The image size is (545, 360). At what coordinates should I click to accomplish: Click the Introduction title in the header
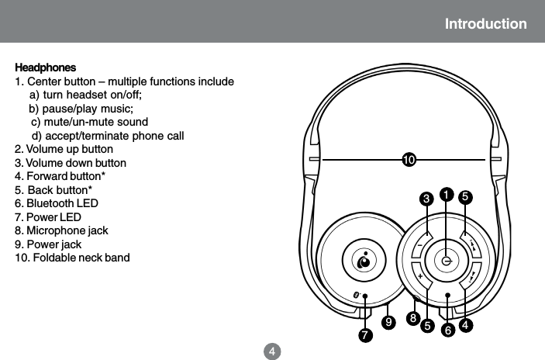[x=485, y=24]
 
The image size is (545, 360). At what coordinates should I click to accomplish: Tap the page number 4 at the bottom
[x=272, y=351]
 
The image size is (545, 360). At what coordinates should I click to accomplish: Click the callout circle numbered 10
[x=409, y=160]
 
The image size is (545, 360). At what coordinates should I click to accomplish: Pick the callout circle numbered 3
[x=426, y=199]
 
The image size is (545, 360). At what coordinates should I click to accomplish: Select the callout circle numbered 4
[x=466, y=324]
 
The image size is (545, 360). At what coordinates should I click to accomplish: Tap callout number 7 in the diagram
[x=364, y=335]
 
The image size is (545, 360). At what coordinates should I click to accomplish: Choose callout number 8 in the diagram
[x=414, y=318]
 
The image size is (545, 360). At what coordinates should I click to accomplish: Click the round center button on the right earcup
[x=447, y=261]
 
